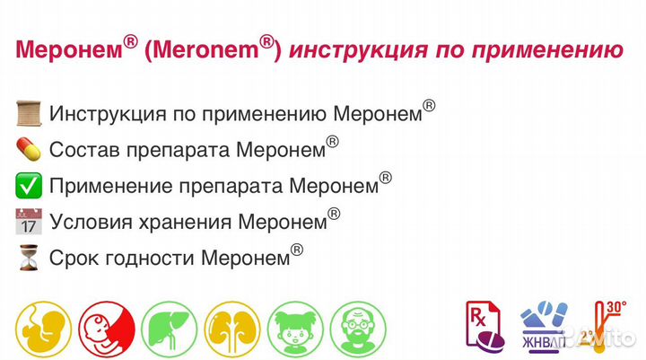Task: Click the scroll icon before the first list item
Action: (29, 115)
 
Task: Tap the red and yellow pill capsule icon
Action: (29, 150)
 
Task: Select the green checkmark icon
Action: (29, 186)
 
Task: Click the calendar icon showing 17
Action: (29, 221)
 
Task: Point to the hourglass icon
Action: (29, 257)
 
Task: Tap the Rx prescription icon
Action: (483, 321)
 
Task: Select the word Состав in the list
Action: (80, 150)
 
